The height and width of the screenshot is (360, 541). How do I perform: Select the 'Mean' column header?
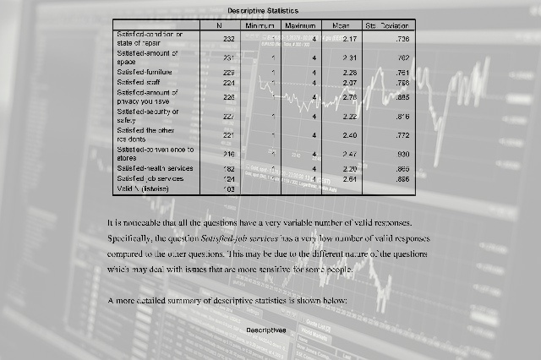coord(342,27)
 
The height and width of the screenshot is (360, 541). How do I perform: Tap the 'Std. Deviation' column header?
coord(387,27)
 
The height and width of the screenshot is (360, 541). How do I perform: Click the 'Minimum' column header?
coord(260,27)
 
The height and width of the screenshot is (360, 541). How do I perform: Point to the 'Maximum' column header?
coord(300,27)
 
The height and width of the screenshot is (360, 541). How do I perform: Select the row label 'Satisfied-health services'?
coord(155,169)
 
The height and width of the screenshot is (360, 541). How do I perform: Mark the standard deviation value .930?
coord(402,155)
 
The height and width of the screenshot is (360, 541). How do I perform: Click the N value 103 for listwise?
coord(227,189)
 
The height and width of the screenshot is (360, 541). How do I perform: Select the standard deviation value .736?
coord(402,40)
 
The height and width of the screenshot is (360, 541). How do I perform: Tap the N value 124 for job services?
coord(227,179)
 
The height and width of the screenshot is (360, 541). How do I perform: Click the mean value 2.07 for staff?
coord(351,83)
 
